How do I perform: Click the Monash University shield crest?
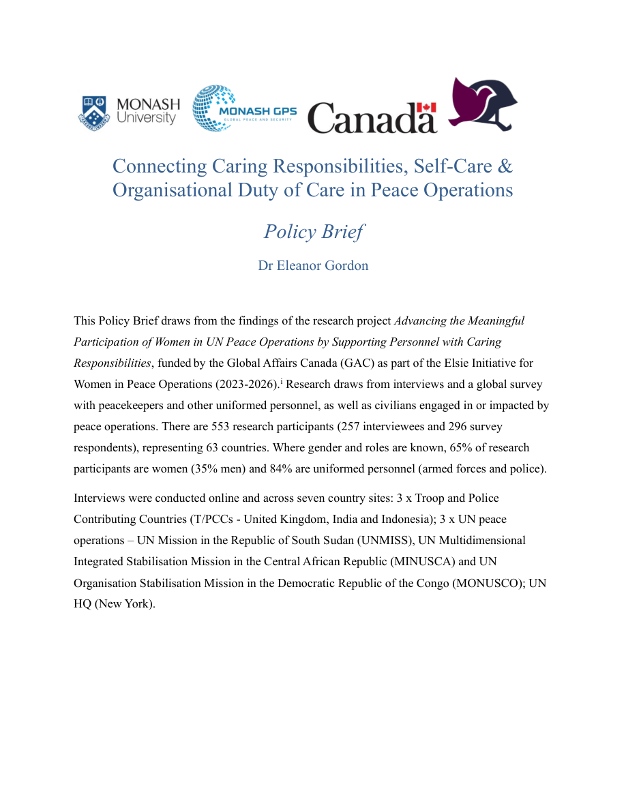tap(95, 112)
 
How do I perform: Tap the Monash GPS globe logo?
tap(214, 108)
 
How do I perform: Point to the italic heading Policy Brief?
tap(313, 231)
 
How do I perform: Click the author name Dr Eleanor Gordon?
tap(313, 265)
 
